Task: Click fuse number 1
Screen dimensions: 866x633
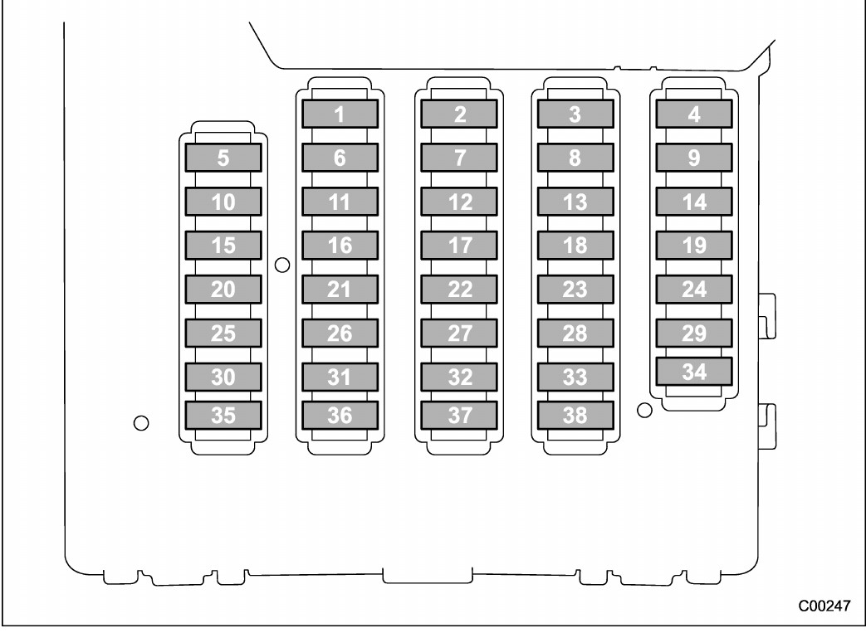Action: (x=340, y=114)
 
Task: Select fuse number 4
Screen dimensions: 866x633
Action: (x=694, y=114)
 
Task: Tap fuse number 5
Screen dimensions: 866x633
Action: (x=223, y=158)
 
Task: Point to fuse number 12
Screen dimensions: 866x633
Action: (x=459, y=202)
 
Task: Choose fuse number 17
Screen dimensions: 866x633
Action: (x=459, y=246)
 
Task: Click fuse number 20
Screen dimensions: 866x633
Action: (x=223, y=290)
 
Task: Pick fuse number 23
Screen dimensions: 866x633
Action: (x=575, y=290)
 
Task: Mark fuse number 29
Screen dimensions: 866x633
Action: (x=694, y=334)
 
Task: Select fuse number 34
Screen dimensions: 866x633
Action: (x=694, y=372)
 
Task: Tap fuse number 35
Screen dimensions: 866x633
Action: (x=223, y=415)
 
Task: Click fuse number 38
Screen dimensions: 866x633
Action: (x=575, y=415)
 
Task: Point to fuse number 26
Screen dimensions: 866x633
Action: (x=340, y=334)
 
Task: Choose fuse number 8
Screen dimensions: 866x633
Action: (x=575, y=158)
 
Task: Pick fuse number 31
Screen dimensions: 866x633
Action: (x=340, y=377)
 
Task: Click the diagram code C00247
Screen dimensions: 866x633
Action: (x=824, y=606)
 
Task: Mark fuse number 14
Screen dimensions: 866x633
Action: (x=694, y=202)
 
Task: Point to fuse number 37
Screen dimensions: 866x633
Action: (x=459, y=415)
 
